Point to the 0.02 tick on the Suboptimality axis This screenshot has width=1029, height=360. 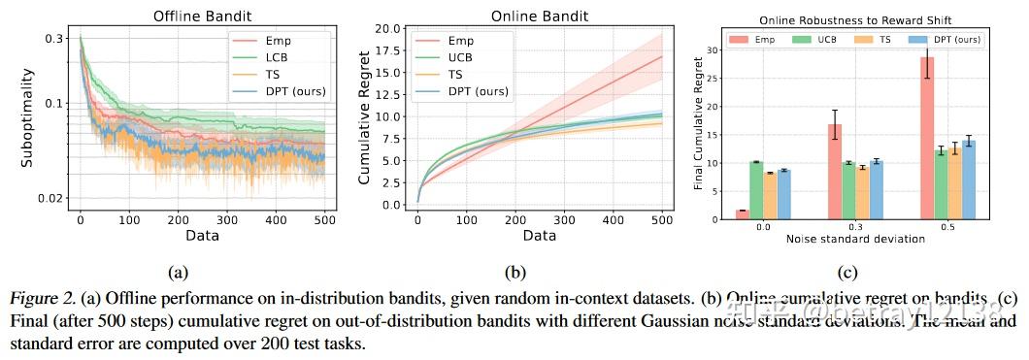click(50, 198)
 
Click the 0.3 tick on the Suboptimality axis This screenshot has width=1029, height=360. click(53, 39)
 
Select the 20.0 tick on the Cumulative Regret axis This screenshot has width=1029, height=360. click(389, 28)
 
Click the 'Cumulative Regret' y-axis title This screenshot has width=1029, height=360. click(365, 118)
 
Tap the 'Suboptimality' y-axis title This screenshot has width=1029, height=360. click(28, 118)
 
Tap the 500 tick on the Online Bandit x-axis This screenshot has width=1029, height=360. click(659, 222)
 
